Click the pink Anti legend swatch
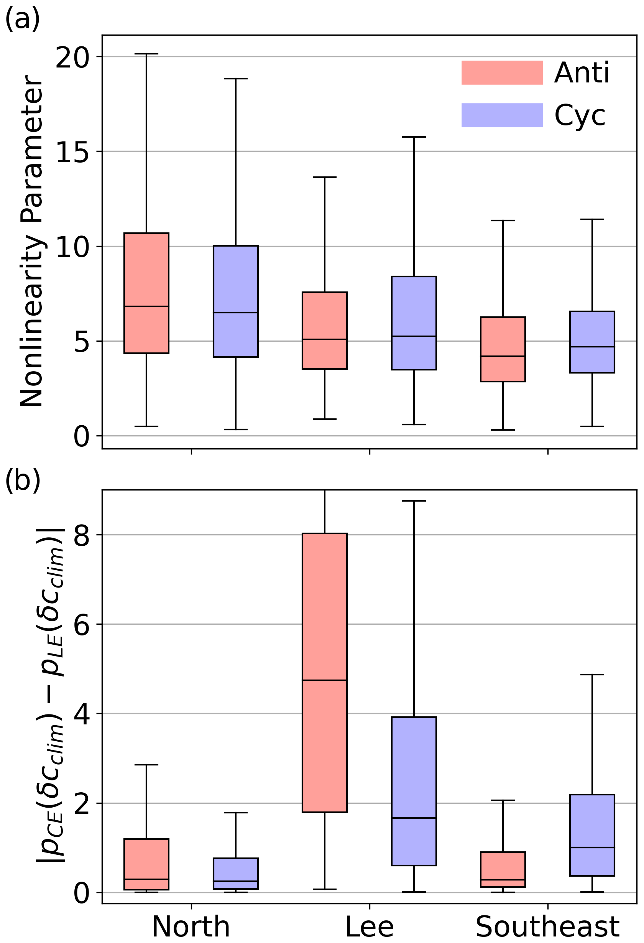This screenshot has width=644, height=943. tap(502, 72)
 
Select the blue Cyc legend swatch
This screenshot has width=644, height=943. tap(502, 115)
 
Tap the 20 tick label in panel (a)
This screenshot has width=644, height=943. tap(72, 57)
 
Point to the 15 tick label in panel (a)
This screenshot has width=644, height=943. tap(72, 152)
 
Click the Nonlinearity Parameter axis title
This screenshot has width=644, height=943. tap(32, 242)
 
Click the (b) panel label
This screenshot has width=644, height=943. tap(22, 480)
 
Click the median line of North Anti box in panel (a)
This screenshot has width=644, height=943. tap(146, 306)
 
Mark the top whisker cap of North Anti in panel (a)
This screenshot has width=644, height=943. tap(146, 54)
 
